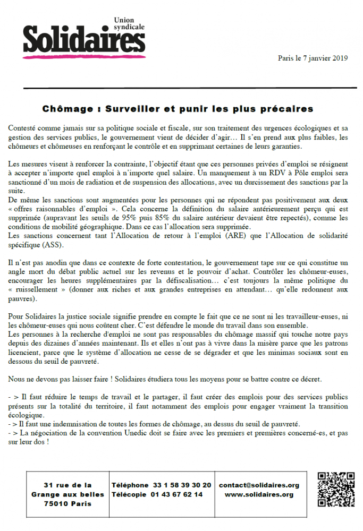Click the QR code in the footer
click(x=335, y=489)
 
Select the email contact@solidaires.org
click(x=259, y=485)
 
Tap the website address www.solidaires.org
click(x=259, y=494)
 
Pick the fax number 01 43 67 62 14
click(x=178, y=494)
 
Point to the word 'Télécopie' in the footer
click(x=130, y=494)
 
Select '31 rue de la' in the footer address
click(x=67, y=485)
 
